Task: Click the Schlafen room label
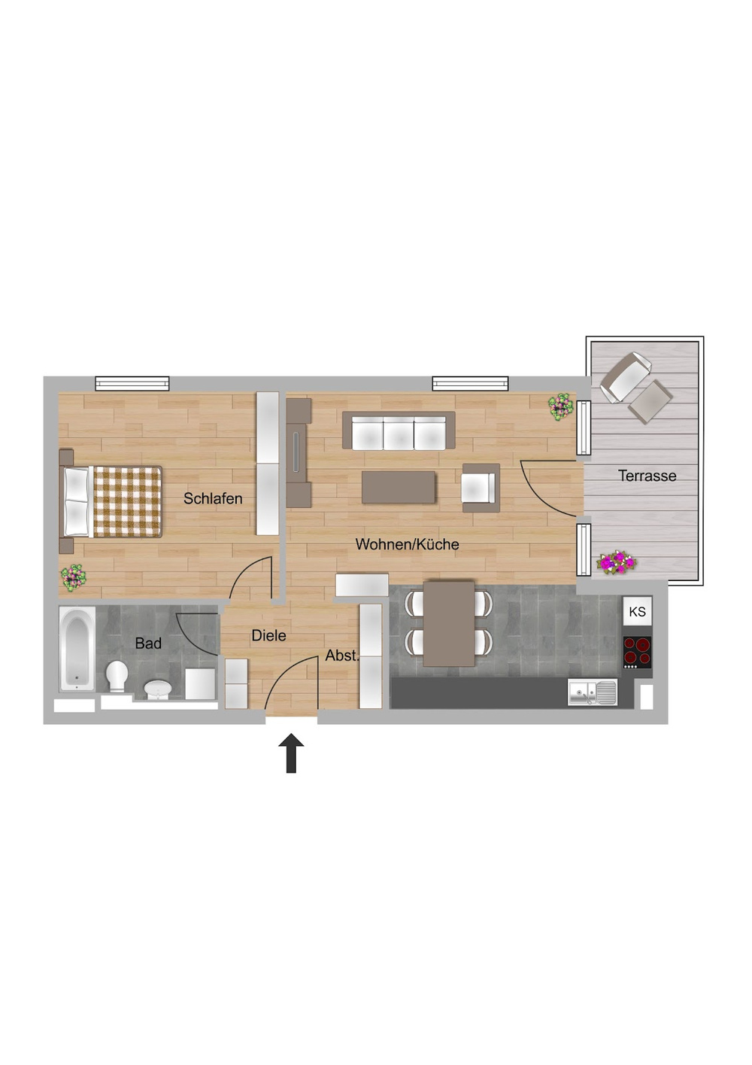coord(213,498)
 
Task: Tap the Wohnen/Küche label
coord(407,544)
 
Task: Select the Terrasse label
coord(647,476)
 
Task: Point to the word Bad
coord(148,644)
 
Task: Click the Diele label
coord(268,636)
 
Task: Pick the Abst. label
coord(342,656)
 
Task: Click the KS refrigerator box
coord(637,612)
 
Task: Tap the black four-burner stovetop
coord(637,653)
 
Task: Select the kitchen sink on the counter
coord(593,692)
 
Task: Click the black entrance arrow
coord(291,753)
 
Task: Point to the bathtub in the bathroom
coord(77,649)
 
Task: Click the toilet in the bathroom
coord(117,675)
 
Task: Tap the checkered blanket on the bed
coord(128,502)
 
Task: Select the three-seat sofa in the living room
coord(399,431)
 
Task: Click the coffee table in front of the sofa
coord(399,487)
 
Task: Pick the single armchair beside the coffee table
coord(480,488)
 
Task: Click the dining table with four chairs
coord(449,623)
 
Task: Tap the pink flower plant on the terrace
coord(617,561)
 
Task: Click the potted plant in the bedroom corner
coord(74,577)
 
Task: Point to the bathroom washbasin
coord(158,689)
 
